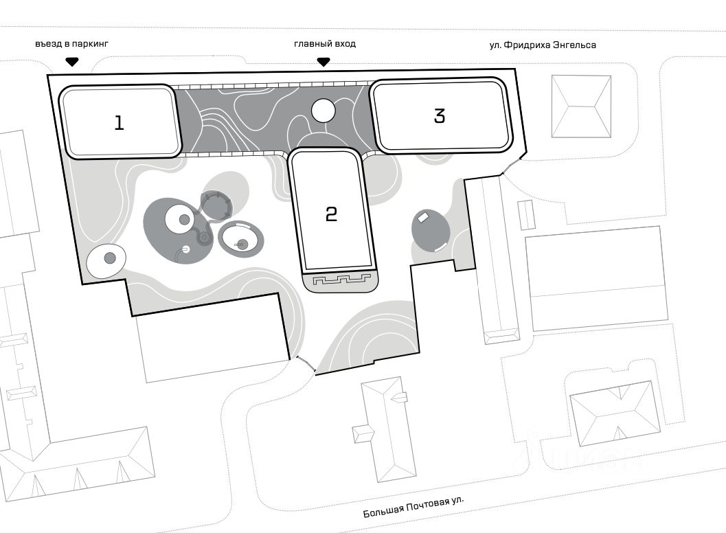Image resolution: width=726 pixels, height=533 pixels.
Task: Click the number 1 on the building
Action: point(119,123)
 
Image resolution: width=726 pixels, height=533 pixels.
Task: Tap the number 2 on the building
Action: point(331,214)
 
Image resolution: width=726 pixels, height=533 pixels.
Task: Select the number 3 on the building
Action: point(440,115)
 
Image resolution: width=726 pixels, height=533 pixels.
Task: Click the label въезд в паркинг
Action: point(71,44)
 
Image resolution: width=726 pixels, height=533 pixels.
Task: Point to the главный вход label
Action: point(325,44)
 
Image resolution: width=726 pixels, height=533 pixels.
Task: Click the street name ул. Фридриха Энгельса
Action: point(543,45)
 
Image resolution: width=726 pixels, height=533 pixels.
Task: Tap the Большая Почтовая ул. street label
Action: point(413,507)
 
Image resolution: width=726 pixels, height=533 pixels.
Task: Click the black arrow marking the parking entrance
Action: point(71,62)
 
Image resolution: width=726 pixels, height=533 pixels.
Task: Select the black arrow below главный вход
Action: point(324,62)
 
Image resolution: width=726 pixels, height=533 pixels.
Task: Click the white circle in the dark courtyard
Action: point(324,111)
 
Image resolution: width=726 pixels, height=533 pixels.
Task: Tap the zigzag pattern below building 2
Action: point(341,280)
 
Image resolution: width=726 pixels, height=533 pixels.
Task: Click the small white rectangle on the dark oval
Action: point(423,216)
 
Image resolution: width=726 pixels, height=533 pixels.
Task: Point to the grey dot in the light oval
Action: point(110,258)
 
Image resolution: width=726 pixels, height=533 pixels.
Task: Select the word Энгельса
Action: point(574,45)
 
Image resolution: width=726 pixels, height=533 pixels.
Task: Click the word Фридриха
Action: point(527,45)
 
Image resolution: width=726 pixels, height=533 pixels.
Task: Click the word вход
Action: point(345,44)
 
